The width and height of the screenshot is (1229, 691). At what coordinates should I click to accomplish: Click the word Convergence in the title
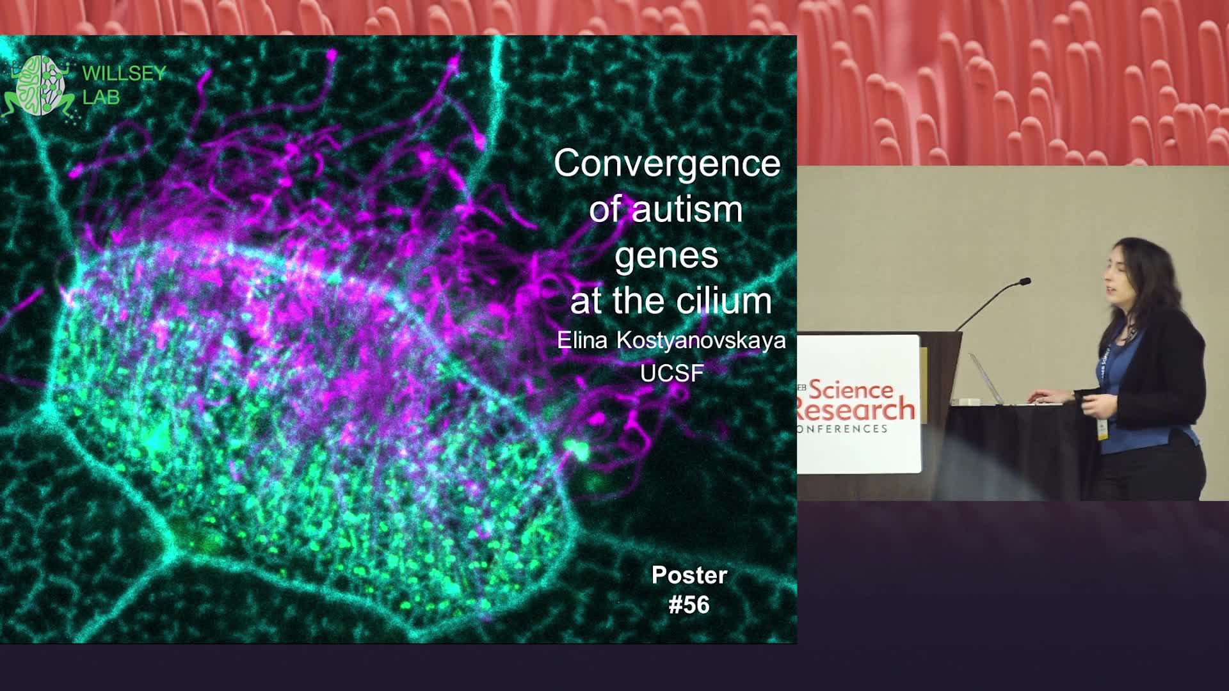coord(667,164)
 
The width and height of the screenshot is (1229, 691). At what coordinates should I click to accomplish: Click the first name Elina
coord(582,340)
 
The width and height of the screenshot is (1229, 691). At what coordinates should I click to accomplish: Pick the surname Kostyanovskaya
coord(701,341)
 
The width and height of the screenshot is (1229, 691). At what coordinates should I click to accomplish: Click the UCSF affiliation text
coord(672,373)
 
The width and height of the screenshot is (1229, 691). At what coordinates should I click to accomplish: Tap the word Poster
coord(689,575)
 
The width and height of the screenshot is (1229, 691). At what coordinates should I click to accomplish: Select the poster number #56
coord(689,605)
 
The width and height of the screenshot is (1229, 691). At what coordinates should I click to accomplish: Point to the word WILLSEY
coord(124,74)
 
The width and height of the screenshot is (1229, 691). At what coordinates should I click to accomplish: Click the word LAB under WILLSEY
coord(101,98)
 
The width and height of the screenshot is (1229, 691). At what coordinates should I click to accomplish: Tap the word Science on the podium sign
coord(851,389)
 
